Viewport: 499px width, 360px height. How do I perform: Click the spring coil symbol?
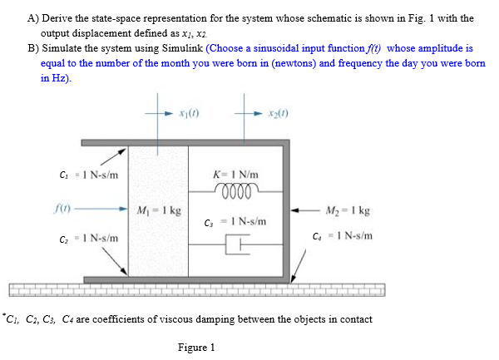coord(236,190)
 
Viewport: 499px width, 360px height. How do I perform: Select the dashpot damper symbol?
coord(237,244)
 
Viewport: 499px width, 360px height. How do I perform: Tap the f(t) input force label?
coord(62,209)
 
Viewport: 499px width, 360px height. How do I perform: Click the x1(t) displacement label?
coord(189,113)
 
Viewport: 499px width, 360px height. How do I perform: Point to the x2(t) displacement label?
coord(279,113)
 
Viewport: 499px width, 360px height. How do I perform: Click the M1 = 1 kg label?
coord(159,210)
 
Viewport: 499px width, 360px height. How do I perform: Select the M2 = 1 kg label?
coord(348,210)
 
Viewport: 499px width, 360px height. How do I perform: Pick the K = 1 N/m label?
coord(235,175)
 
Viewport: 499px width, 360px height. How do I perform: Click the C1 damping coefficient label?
coord(89,175)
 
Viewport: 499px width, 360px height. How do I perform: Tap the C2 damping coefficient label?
coord(89,238)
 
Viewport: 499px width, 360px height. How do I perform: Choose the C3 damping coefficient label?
coord(235,222)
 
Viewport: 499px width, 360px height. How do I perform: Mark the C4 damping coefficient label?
coord(343,236)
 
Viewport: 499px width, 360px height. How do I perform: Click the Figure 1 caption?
coord(196,348)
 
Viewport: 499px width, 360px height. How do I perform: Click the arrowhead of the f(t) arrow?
coord(123,209)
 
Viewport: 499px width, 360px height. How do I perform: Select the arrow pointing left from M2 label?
coord(305,210)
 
